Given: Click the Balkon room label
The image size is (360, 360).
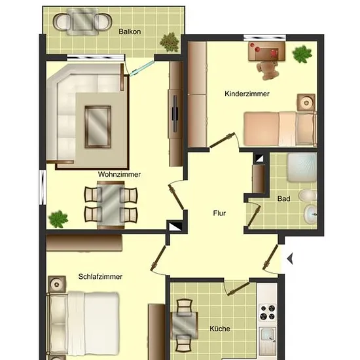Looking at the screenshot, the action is pos(130,31).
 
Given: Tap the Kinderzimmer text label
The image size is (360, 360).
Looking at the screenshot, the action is pos(247,94).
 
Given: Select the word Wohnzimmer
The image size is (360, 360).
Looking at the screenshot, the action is pos(119,174).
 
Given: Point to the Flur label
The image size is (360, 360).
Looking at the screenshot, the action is pos(219,213).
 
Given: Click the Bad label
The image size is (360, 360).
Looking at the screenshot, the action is pos(284,198).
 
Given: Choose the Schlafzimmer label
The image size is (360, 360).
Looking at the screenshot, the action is pos(100,276).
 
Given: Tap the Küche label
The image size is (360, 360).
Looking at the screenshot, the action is pos(220,329).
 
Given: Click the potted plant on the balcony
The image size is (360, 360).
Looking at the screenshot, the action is pos(170,43).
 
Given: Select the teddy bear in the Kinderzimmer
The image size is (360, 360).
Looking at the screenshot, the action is pos(268,70).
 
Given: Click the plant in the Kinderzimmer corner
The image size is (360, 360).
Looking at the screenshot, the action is pos(302,54).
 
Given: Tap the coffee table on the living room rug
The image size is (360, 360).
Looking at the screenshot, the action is pos(98,127).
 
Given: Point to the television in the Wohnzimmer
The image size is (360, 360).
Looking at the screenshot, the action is pos(175,114).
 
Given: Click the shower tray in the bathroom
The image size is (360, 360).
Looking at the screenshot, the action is pos(302,168).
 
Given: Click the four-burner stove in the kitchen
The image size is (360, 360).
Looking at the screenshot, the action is pos(268,312).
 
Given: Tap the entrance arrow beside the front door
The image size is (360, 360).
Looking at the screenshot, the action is pos(290,259).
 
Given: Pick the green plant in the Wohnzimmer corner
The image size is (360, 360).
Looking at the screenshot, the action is pos(58,219).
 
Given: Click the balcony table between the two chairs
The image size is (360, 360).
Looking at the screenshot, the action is pos(82,22).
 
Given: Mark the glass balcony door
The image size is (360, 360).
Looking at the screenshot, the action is pos(141,68).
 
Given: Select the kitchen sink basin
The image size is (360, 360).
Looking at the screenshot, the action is pos(268,334).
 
